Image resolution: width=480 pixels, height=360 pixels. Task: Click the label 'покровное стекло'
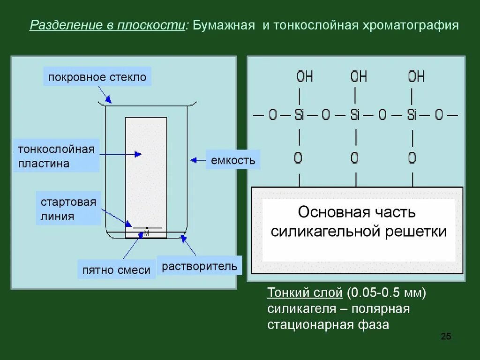(97, 77)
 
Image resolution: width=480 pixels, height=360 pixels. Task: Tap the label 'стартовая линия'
(68, 209)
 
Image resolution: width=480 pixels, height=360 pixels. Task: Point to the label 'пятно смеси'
(116, 270)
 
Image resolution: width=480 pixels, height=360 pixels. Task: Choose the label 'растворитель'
(200, 267)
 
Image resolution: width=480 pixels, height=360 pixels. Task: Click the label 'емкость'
(233, 160)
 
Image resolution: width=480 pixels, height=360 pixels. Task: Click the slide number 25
(446, 337)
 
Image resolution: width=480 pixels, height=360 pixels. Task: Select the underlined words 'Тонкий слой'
(305, 293)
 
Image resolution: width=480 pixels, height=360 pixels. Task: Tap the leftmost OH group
(305, 76)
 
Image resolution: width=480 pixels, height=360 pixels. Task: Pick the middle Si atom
(355, 115)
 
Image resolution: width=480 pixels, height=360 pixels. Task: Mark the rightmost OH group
(416, 76)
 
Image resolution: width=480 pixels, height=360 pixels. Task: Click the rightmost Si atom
(412, 115)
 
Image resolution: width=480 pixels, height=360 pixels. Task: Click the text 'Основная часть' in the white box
(357, 212)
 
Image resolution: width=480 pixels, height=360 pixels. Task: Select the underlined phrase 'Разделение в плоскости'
(107, 25)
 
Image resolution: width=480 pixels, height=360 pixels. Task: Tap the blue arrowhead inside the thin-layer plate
(138, 154)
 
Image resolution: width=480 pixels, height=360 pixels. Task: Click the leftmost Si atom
(299, 115)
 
